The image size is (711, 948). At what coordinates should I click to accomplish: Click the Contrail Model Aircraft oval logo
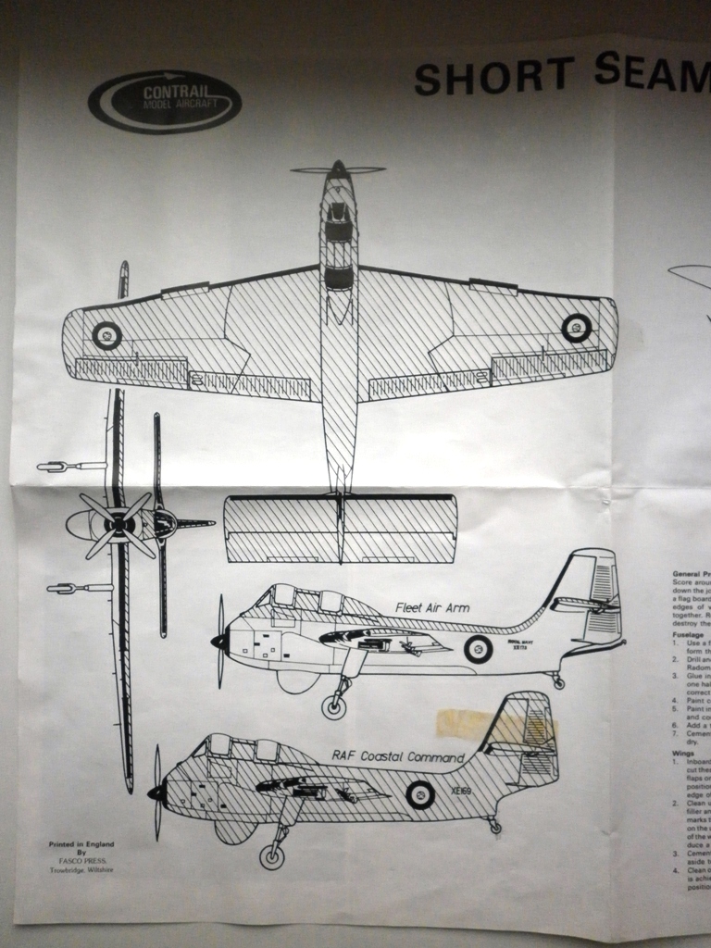tap(165, 102)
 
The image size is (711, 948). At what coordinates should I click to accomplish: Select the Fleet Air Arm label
tap(431, 607)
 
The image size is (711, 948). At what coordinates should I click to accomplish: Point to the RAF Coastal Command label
tap(390, 755)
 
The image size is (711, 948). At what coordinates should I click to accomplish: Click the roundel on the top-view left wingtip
tap(106, 335)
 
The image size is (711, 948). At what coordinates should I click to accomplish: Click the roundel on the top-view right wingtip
tap(577, 327)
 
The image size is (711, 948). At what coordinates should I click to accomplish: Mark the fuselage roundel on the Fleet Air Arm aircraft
tap(478, 649)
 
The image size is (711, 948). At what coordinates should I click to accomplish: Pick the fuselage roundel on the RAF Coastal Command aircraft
tap(420, 793)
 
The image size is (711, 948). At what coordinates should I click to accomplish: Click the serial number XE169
tap(462, 792)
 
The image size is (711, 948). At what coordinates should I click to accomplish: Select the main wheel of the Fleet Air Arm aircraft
tap(334, 707)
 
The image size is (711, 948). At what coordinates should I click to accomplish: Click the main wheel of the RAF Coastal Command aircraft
tap(272, 856)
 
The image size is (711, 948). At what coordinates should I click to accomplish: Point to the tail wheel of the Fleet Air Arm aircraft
tap(558, 683)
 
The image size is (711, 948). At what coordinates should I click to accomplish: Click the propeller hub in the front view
tap(119, 525)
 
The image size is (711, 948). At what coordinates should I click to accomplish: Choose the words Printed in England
tap(81, 845)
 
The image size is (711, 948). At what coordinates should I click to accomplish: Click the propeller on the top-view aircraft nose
tap(338, 170)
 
